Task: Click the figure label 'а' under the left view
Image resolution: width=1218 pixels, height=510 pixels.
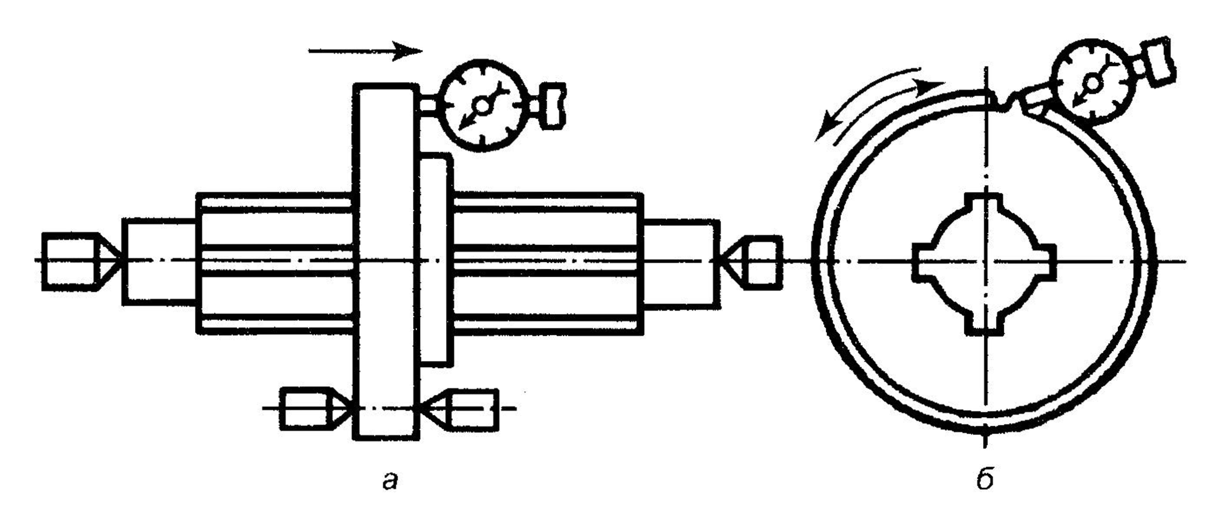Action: tap(391, 481)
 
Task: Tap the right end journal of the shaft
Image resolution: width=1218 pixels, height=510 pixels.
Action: tap(681, 262)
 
